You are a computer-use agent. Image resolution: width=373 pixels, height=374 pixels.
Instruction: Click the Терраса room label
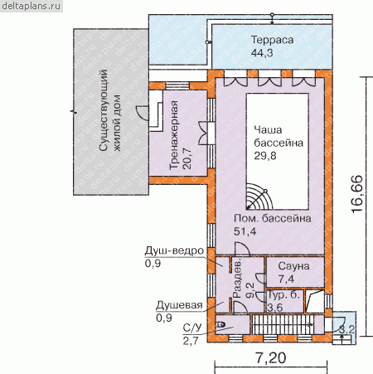(272, 40)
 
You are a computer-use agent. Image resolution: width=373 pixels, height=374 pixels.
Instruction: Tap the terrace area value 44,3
(262, 52)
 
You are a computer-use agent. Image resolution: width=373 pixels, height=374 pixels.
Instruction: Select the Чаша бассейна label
(279, 136)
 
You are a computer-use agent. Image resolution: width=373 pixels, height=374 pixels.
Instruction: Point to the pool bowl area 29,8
(265, 156)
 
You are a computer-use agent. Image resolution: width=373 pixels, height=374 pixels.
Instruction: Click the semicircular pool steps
(259, 197)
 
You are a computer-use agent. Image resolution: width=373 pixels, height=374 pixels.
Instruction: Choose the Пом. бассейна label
(273, 218)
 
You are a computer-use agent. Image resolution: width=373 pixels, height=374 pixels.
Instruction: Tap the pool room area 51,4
(245, 231)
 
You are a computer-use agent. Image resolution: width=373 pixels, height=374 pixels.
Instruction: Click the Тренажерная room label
(174, 135)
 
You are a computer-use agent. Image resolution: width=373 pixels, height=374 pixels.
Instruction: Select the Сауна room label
(293, 266)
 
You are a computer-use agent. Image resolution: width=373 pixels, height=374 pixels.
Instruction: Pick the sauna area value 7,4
(286, 279)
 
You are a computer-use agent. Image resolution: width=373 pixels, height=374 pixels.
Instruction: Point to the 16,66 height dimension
(357, 194)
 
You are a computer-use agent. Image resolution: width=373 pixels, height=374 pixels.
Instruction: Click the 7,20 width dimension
(270, 358)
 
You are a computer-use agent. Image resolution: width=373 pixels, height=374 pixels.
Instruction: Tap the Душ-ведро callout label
(174, 250)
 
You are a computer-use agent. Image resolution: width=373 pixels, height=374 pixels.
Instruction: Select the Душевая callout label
(179, 305)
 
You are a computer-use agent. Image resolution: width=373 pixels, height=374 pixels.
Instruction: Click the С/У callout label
(192, 328)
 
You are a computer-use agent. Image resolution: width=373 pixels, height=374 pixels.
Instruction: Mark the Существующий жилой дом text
(110, 110)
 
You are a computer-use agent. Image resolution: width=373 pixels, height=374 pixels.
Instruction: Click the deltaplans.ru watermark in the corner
(31, 6)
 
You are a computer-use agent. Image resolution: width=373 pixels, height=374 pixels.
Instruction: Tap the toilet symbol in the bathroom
(220, 324)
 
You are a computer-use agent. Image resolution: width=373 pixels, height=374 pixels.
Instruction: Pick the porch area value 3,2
(346, 329)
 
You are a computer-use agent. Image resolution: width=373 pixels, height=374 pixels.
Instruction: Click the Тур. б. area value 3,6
(275, 308)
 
